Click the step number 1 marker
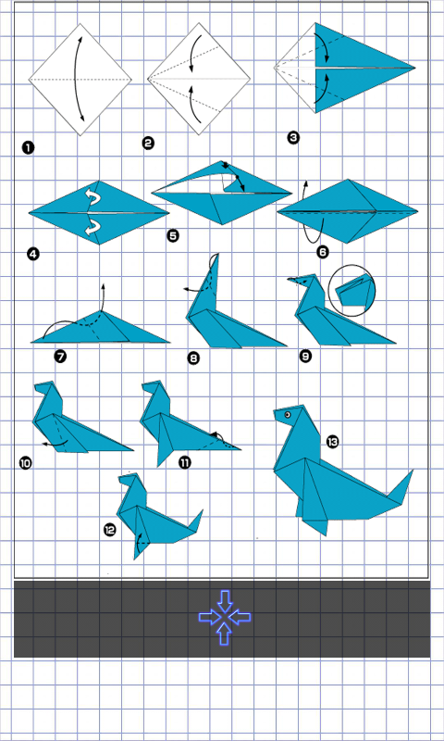28,148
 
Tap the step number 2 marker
148,143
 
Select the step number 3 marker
293,138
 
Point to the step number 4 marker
33,254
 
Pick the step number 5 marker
173,235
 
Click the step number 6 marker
323,252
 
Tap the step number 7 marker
60,356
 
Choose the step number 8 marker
193,358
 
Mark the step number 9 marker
306,356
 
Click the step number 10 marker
26,462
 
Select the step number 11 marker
185,462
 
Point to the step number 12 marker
109,530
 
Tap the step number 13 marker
333,442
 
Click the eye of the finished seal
288,415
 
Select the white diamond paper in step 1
80,80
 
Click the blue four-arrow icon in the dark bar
225,617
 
